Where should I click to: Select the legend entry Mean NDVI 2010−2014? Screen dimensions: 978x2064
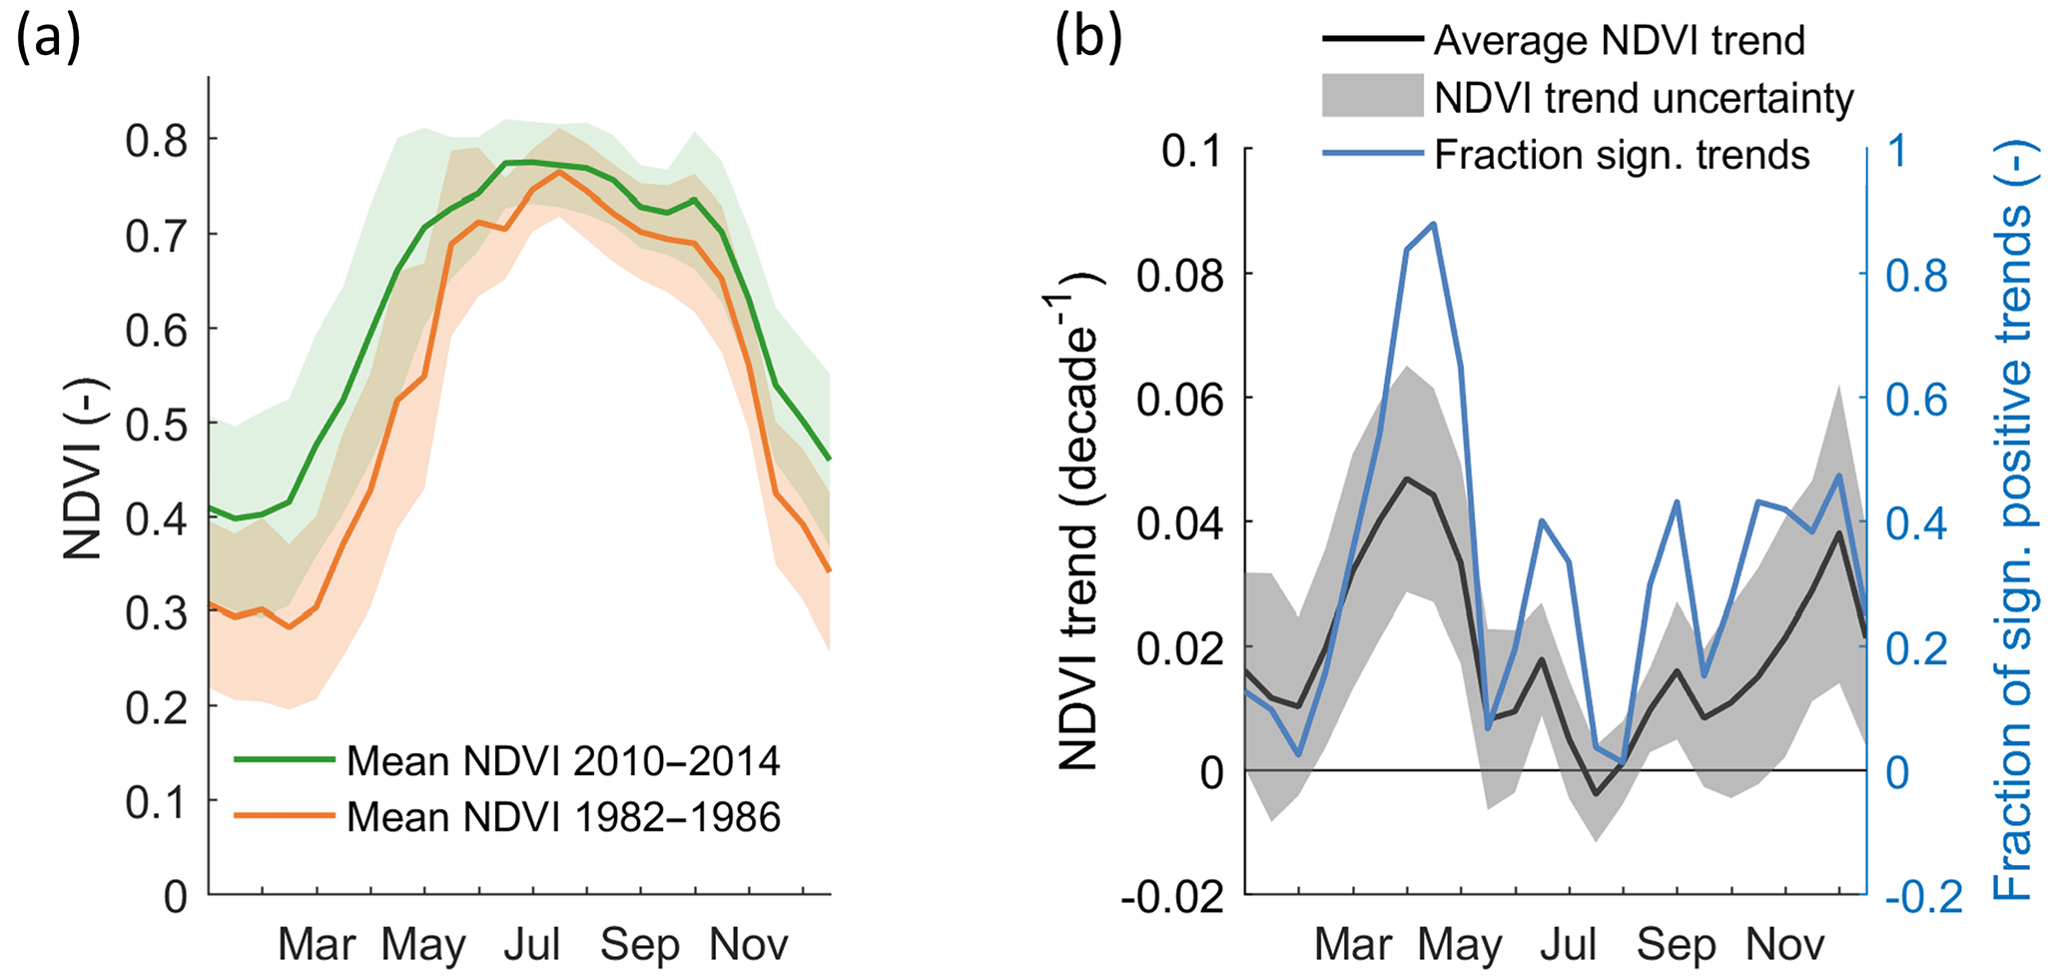click(x=562, y=761)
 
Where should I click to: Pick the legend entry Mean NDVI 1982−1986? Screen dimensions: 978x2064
click(x=562, y=817)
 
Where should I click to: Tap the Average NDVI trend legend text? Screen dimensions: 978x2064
click(x=1619, y=41)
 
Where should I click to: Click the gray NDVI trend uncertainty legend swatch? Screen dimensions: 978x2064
click(x=1372, y=97)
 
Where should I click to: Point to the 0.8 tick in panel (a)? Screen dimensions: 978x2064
click(x=157, y=140)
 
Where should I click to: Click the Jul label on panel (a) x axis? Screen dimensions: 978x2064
click(x=532, y=944)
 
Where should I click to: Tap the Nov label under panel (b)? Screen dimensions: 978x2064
click(x=1784, y=944)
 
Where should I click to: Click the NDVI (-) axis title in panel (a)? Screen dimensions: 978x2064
click(x=84, y=470)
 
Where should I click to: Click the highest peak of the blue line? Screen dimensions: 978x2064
click(x=1434, y=224)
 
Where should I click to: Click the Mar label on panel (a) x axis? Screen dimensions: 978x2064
click(x=317, y=944)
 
